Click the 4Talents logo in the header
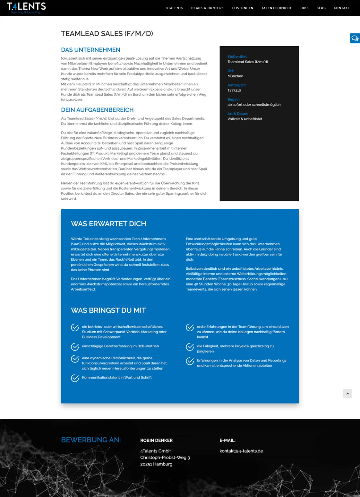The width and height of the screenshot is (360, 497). (x=26, y=8)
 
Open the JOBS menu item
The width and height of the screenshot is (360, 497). (x=304, y=8)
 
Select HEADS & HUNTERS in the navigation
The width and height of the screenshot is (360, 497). (x=207, y=8)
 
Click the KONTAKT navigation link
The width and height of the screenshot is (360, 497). (x=342, y=8)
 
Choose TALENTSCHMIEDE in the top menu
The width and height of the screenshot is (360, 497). (x=277, y=8)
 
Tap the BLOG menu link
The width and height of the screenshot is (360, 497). (x=321, y=8)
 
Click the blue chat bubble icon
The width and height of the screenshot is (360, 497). (x=355, y=38)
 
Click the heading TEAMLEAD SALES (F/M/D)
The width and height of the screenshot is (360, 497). (x=107, y=34)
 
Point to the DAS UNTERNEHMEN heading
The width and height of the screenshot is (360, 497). (x=90, y=50)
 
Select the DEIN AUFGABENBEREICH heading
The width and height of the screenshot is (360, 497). (x=97, y=110)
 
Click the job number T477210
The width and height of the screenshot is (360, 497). (x=234, y=91)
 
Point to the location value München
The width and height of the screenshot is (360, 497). (x=235, y=76)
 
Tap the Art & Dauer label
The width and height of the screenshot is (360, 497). (x=238, y=114)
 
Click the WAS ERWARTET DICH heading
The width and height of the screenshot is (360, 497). (x=108, y=224)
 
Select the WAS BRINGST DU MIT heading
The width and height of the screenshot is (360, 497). (x=108, y=310)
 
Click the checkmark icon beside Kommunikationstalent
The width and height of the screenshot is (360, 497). (x=75, y=378)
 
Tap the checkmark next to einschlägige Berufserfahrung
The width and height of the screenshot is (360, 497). (x=75, y=347)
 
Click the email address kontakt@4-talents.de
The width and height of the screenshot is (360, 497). (x=241, y=451)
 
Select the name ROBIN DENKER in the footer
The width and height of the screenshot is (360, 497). (x=156, y=440)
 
